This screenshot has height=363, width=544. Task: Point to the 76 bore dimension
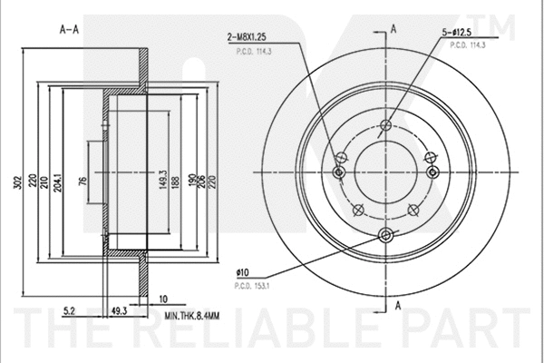[83, 181]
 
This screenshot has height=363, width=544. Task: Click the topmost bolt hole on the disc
[386, 125]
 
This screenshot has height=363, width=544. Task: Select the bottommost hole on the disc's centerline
[386, 236]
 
